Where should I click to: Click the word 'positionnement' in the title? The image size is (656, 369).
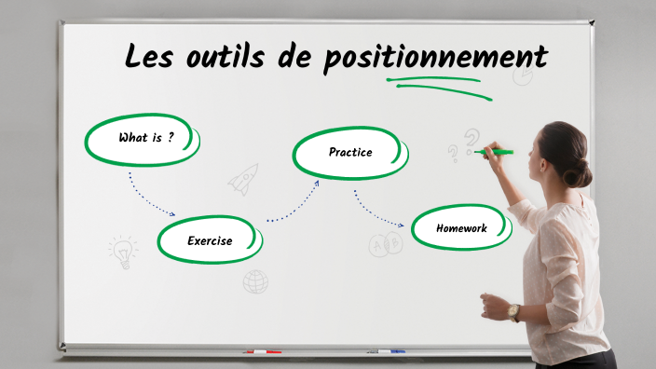435,58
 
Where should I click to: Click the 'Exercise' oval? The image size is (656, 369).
210,240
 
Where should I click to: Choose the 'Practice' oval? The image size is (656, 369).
350,152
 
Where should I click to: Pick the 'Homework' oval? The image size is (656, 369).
461,227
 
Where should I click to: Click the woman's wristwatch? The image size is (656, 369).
513,311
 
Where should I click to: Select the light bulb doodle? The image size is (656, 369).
122,251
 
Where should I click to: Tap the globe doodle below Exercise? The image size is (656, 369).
255,281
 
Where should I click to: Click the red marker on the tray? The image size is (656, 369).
262,352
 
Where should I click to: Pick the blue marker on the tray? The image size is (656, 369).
386,351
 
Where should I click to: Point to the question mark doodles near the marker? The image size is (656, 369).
466,143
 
